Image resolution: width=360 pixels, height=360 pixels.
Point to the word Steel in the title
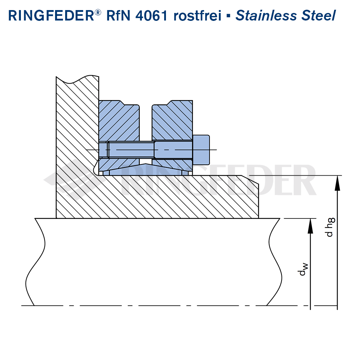[319, 16]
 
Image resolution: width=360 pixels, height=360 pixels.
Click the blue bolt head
[201, 149]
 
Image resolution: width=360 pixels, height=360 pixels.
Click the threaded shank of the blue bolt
[131, 149]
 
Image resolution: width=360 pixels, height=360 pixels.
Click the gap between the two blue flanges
[145, 122]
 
